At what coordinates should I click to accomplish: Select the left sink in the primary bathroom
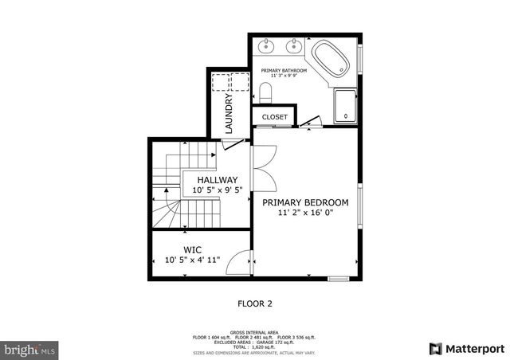tap(266, 45)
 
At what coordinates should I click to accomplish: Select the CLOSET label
tap(275, 117)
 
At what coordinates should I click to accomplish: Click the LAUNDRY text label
tap(229, 114)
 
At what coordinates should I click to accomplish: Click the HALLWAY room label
tap(218, 180)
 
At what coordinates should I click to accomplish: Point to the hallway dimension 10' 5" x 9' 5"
tap(218, 191)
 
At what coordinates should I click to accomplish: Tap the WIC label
tap(192, 249)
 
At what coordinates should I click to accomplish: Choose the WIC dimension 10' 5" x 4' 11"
tap(192, 260)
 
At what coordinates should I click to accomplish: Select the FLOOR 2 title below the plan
tap(255, 303)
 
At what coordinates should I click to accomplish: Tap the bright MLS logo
tap(30, 349)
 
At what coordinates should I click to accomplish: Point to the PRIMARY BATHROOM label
tap(284, 70)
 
